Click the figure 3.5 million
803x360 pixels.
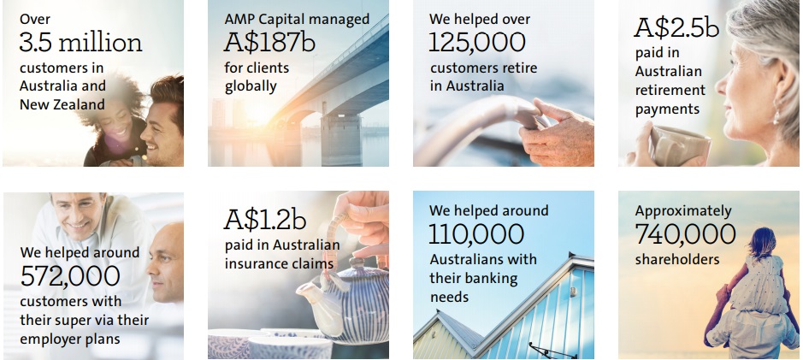pos(81,43)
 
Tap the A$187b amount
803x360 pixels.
pos(269,43)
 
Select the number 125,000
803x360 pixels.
pos(477,43)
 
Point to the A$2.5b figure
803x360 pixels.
pos(676,28)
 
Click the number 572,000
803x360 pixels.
pos(70,275)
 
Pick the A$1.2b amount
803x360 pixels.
pos(265,220)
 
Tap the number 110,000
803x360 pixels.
pos(476,234)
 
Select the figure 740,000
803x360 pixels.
pos(685,234)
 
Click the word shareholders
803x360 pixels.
pos(677,259)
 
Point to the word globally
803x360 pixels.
pos(251,86)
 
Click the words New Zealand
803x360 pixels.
pos(62,104)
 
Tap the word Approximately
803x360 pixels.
pos(683,211)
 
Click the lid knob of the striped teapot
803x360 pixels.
pos(356,263)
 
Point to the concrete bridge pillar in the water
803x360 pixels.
pos(341,139)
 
